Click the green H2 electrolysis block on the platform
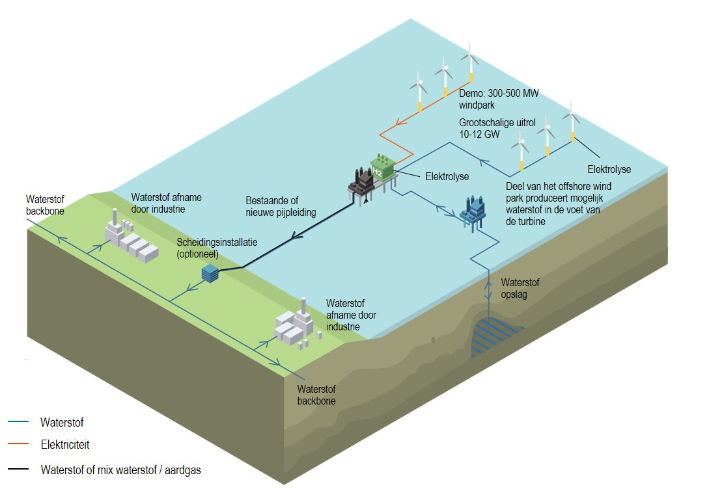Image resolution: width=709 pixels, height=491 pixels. coord(382,168)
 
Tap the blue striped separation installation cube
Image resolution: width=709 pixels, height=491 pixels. coord(210,273)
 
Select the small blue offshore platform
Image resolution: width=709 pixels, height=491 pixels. coord(473,209)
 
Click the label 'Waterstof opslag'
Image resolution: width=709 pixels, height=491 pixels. coord(520,289)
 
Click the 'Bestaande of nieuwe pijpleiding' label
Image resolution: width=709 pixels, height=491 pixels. coord(281,207)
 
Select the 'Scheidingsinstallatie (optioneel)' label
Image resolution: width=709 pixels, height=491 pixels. coord(217,247)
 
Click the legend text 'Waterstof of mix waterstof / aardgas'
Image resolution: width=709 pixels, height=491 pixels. coord(120,469)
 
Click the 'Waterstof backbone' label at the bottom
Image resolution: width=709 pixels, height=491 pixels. coord(316,395)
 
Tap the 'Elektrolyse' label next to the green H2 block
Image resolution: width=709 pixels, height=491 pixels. coord(447,176)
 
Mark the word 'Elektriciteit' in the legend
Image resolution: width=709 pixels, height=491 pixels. coord(64,445)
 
